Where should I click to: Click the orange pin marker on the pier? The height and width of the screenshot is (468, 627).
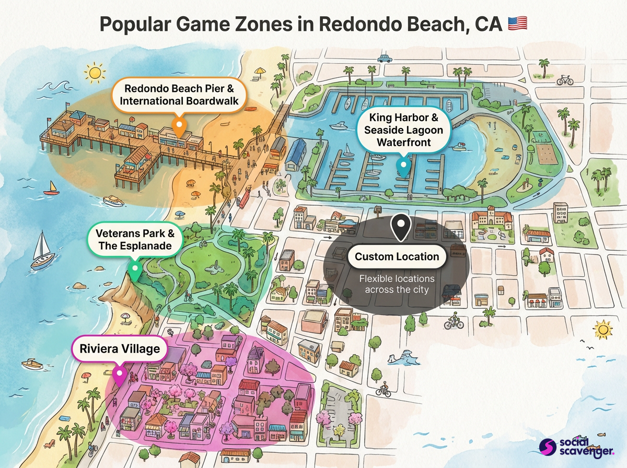(x=179, y=127)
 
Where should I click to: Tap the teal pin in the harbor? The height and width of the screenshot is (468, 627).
(x=402, y=166)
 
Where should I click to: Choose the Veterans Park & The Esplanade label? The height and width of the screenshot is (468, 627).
(x=135, y=239)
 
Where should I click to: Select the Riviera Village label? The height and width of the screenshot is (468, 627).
(x=119, y=348)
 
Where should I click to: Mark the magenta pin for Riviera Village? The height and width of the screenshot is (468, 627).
(x=120, y=375)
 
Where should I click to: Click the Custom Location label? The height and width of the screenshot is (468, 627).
(x=397, y=256)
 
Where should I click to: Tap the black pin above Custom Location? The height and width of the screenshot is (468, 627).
(x=401, y=227)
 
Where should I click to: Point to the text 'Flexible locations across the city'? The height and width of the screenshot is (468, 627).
(x=397, y=284)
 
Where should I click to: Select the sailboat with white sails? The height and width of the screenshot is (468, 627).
(x=42, y=252)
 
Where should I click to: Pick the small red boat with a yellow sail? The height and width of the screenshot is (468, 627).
(x=51, y=188)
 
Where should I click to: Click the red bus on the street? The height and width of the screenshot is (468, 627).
(x=243, y=198)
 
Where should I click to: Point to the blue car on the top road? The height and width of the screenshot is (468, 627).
(x=385, y=58)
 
